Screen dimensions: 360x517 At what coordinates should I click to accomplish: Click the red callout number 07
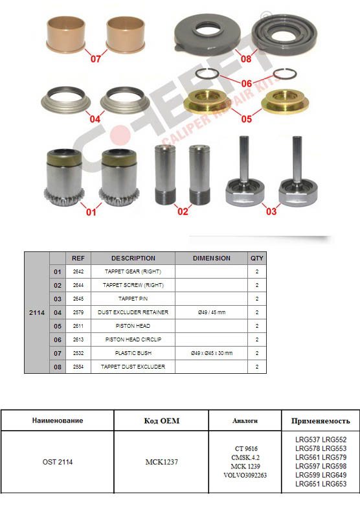pos(96,59)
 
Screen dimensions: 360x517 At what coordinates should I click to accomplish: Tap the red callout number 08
pos(246,59)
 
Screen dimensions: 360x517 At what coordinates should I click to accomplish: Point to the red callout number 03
pos(271,211)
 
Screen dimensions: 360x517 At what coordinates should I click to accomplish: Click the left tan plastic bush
pos(66,34)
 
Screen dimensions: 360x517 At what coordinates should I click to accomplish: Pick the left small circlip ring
pos(207,73)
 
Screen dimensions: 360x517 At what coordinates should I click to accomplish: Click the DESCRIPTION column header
pos(133,258)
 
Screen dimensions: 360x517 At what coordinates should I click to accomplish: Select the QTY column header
pos(257,258)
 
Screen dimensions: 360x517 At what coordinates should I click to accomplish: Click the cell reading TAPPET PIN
pos(133,299)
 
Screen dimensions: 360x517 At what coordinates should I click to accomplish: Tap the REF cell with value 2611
pos(78,326)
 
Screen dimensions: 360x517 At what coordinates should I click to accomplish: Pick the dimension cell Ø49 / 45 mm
pos(212,312)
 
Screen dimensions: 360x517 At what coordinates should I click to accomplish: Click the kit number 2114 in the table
pos(37,312)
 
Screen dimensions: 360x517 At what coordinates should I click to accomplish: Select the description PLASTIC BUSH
pos(133,353)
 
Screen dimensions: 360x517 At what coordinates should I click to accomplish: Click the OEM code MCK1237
pos(161,462)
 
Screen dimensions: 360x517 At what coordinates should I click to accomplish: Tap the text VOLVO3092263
pos(245,475)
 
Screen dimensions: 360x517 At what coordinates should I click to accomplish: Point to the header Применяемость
pos(321,421)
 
